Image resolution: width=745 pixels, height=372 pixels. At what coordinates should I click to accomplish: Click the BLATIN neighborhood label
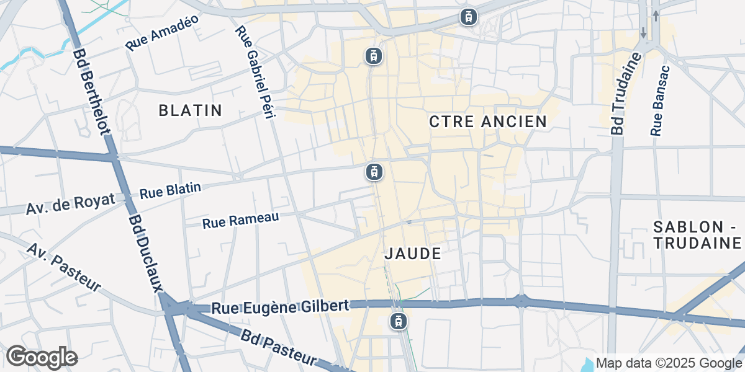coord(190,110)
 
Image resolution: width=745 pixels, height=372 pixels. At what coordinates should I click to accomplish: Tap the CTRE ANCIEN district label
coord(488,122)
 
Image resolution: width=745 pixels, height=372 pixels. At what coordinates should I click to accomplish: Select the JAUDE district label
coord(412,253)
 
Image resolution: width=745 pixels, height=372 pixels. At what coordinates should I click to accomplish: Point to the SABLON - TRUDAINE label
coord(697,234)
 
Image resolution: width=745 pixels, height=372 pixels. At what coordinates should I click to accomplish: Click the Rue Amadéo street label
coord(161,32)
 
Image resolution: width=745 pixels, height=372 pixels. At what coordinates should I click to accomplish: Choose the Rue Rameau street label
coord(241,219)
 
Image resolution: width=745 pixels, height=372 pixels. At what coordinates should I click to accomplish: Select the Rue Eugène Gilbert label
coord(281,306)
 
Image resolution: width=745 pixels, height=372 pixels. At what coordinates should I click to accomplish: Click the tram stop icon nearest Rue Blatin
coord(373,172)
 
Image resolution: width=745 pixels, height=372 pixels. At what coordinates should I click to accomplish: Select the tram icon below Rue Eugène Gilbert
coord(398,321)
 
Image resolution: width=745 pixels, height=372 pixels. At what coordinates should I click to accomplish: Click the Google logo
coord(42,357)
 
